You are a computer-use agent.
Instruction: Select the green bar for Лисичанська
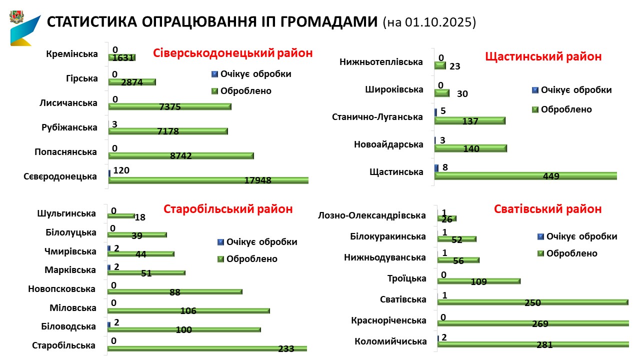170,106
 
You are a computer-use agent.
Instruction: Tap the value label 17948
257,180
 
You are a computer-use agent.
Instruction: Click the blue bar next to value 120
109,173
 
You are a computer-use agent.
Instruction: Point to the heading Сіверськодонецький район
232,53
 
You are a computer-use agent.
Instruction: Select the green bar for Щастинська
525,175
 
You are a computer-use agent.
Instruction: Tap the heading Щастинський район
543,56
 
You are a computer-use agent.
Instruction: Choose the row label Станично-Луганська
377,117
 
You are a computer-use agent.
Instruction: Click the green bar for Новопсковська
175,291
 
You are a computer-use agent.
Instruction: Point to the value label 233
285,349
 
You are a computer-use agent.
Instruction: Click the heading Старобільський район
228,209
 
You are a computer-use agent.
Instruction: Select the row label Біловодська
68,326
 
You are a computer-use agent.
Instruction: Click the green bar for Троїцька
479,281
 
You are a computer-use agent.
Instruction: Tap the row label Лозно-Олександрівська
372,215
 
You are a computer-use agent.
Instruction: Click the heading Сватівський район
547,209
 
